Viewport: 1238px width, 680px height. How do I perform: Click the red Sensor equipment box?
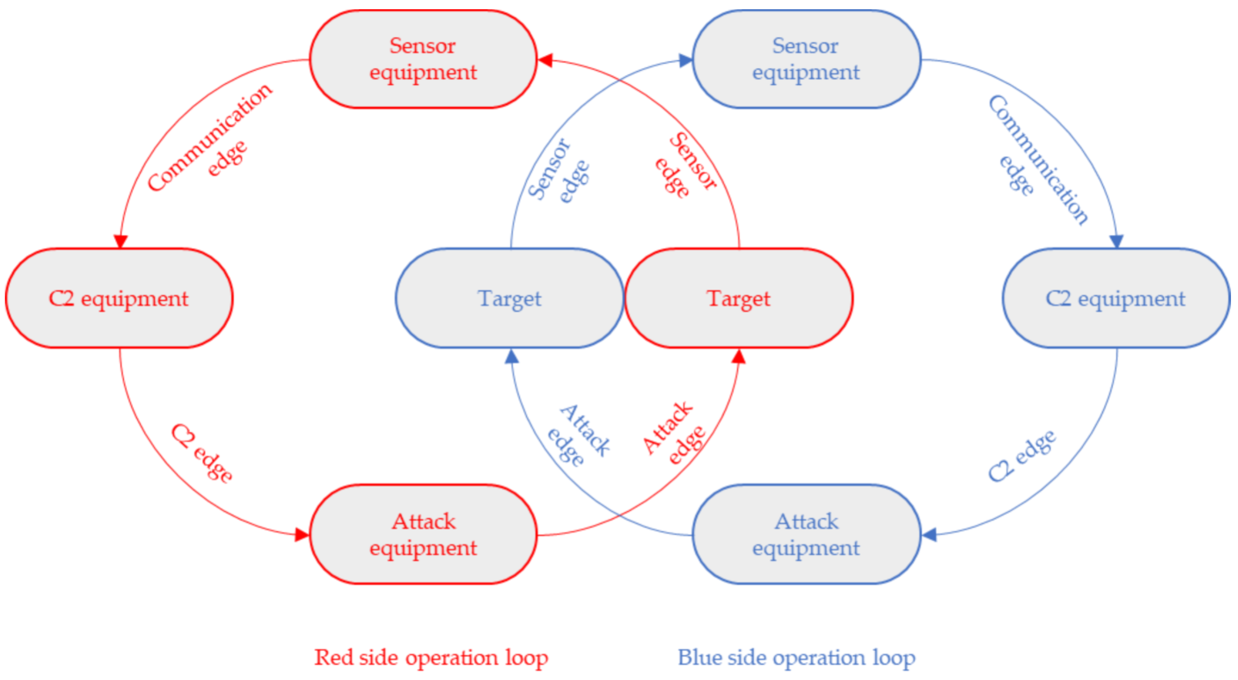423,59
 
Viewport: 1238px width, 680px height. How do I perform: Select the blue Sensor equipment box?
806,59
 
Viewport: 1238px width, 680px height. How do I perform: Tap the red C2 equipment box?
119,298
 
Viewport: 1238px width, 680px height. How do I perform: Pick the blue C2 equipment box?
1115,298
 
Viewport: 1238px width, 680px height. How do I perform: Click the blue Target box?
509,298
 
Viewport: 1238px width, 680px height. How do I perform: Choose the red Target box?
739,298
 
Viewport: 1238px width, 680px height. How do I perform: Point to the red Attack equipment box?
423,534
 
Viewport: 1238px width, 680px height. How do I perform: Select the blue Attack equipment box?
806,534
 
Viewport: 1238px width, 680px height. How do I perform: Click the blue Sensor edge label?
557,171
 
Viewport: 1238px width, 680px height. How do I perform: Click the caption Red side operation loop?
431,658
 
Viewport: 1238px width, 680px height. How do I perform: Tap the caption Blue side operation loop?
796,658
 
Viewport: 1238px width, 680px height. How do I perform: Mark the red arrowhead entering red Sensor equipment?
545,60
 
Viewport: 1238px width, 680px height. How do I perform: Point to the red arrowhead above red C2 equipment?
120,241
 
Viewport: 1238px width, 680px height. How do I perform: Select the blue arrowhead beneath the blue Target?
512,357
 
